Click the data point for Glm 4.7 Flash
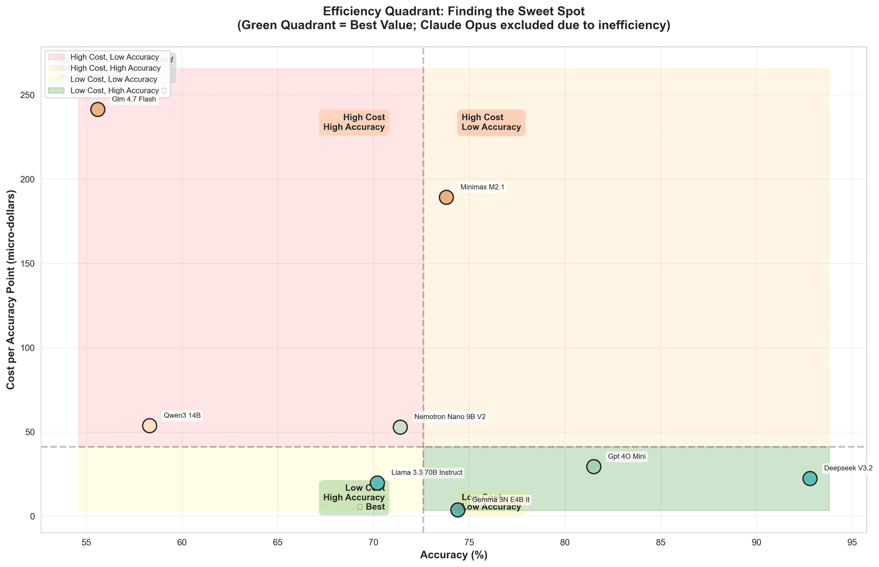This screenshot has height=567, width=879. (x=98, y=109)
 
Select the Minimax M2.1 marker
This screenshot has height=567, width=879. (x=446, y=197)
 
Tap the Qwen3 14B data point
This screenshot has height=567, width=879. (x=149, y=425)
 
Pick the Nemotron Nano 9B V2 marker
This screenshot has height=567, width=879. (x=400, y=427)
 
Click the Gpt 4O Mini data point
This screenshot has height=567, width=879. (x=593, y=466)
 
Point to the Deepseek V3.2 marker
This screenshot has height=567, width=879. (x=810, y=478)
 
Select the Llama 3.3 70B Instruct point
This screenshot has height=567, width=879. (x=377, y=483)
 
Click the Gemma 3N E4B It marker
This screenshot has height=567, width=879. (x=458, y=510)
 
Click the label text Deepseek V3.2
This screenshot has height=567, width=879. (x=848, y=468)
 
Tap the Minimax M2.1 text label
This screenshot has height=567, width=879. (x=482, y=187)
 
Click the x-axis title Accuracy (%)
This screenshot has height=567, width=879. (x=454, y=555)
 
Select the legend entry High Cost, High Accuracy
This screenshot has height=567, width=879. (x=115, y=68)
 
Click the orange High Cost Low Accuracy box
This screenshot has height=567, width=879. (x=491, y=122)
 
